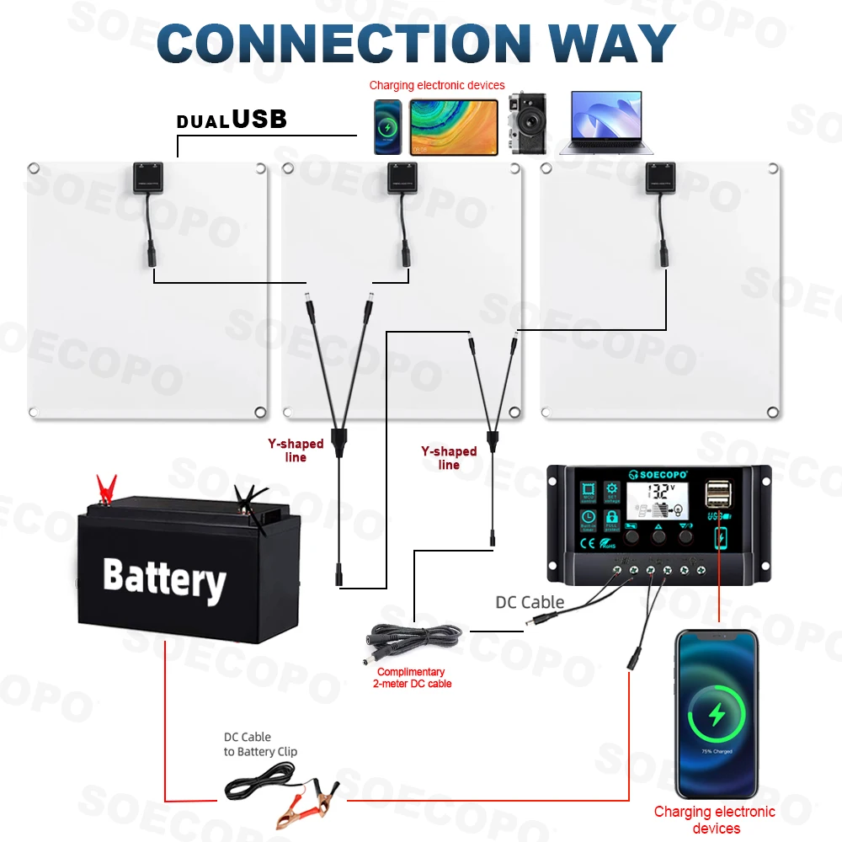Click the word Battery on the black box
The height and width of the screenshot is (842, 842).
coord(164,578)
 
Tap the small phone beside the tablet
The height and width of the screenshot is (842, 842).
coord(388,127)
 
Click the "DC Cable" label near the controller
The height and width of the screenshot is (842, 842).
coord(530,602)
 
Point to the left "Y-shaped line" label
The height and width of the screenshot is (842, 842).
coord(296,450)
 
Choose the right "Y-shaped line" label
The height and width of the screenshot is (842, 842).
coord(449,458)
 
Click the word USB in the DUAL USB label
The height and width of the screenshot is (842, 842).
coord(259,120)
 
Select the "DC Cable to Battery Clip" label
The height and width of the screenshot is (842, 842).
coord(260,744)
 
